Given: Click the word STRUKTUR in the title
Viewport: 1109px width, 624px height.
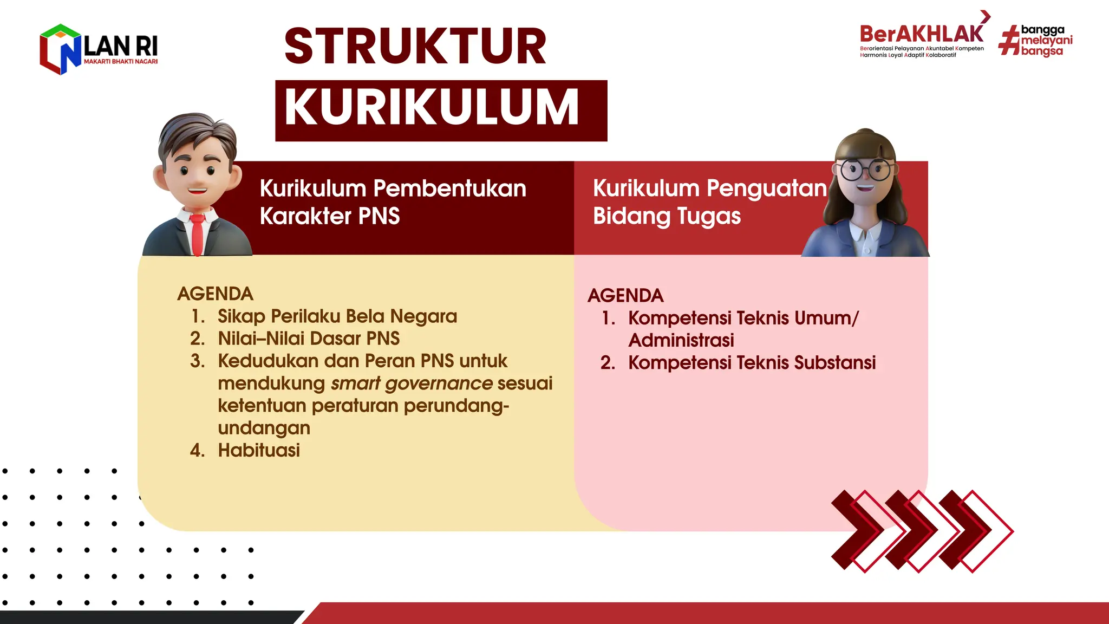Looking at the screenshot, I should pos(415,47).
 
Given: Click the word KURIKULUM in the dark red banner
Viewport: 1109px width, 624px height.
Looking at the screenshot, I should pos(432,107).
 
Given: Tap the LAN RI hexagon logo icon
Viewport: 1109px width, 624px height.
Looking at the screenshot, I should pos(60,49).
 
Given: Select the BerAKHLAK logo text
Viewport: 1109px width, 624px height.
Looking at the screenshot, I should pos(921,34).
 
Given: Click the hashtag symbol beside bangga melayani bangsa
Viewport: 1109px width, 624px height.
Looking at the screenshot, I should pos(1009,41).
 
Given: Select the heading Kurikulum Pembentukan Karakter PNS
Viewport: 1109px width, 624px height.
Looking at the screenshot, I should pos(392,202).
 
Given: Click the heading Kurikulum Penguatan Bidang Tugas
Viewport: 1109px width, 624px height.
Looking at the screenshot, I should pos(709,202).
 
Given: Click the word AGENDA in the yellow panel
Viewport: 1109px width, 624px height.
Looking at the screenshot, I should pos(215,294).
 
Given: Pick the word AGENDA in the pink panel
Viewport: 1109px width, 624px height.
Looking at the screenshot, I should pos(625,295).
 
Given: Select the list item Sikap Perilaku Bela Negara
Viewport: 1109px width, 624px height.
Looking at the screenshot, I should pos(337,316).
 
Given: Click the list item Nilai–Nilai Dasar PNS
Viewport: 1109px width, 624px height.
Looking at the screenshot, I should pos(309,339).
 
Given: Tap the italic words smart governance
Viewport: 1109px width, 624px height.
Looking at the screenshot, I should pos(412,383).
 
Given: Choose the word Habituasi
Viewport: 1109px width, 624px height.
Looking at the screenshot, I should pos(259,450).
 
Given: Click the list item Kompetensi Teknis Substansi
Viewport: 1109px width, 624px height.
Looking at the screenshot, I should pos(752,363).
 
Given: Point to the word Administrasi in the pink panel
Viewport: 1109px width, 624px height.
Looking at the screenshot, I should pos(681,340).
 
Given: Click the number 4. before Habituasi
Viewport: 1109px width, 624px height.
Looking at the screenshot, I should pos(197,450).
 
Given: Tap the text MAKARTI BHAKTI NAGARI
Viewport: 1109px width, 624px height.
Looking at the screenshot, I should pos(121,62).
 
